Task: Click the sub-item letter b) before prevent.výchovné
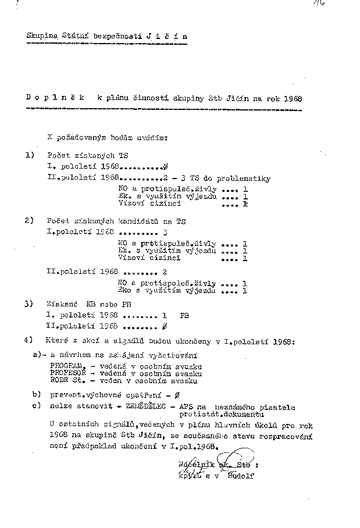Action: (37, 394)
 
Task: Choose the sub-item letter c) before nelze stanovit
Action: (37, 405)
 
